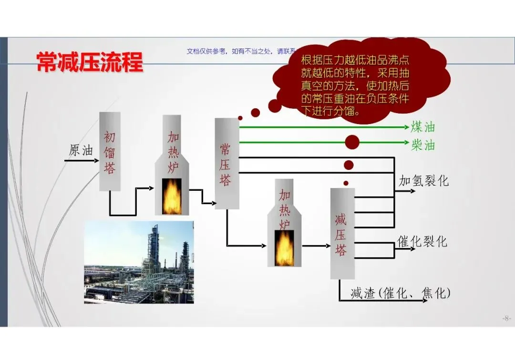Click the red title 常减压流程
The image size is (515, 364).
tap(90, 62)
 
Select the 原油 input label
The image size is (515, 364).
tap(81, 150)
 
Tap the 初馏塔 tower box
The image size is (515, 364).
tap(110, 152)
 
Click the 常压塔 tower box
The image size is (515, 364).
tap(227, 163)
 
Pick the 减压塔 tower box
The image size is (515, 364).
tap(342, 233)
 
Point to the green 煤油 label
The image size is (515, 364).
tap(423, 127)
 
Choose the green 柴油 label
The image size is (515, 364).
tap(423, 144)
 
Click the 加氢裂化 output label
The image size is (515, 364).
tap(424, 181)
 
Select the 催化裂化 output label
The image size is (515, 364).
tap(422, 242)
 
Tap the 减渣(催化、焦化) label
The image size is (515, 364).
tap(400, 293)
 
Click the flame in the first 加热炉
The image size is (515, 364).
tap(172, 196)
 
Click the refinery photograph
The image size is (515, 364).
tap(139, 262)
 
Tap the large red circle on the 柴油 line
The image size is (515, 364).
tap(352, 142)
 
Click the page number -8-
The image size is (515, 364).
tap(506, 318)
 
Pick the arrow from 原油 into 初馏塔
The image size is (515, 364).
tap(81, 161)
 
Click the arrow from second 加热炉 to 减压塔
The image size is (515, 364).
tap(316, 246)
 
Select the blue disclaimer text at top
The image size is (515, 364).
tap(238, 52)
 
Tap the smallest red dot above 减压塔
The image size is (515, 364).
tap(346, 183)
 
